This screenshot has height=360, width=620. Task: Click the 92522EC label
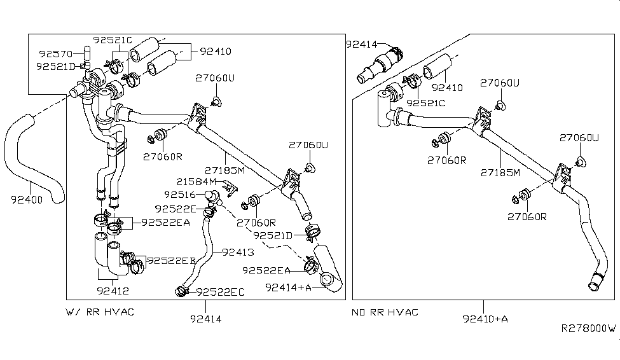point(221,292)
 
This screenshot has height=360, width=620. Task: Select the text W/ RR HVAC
point(100,312)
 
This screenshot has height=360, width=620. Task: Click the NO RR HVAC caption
point(385,312)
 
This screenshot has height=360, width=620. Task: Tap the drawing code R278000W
point(588,328)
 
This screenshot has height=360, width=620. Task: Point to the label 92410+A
point(485,319)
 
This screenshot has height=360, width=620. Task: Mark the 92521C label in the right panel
point(426,102)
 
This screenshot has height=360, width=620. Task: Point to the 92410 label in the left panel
point(216,52)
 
